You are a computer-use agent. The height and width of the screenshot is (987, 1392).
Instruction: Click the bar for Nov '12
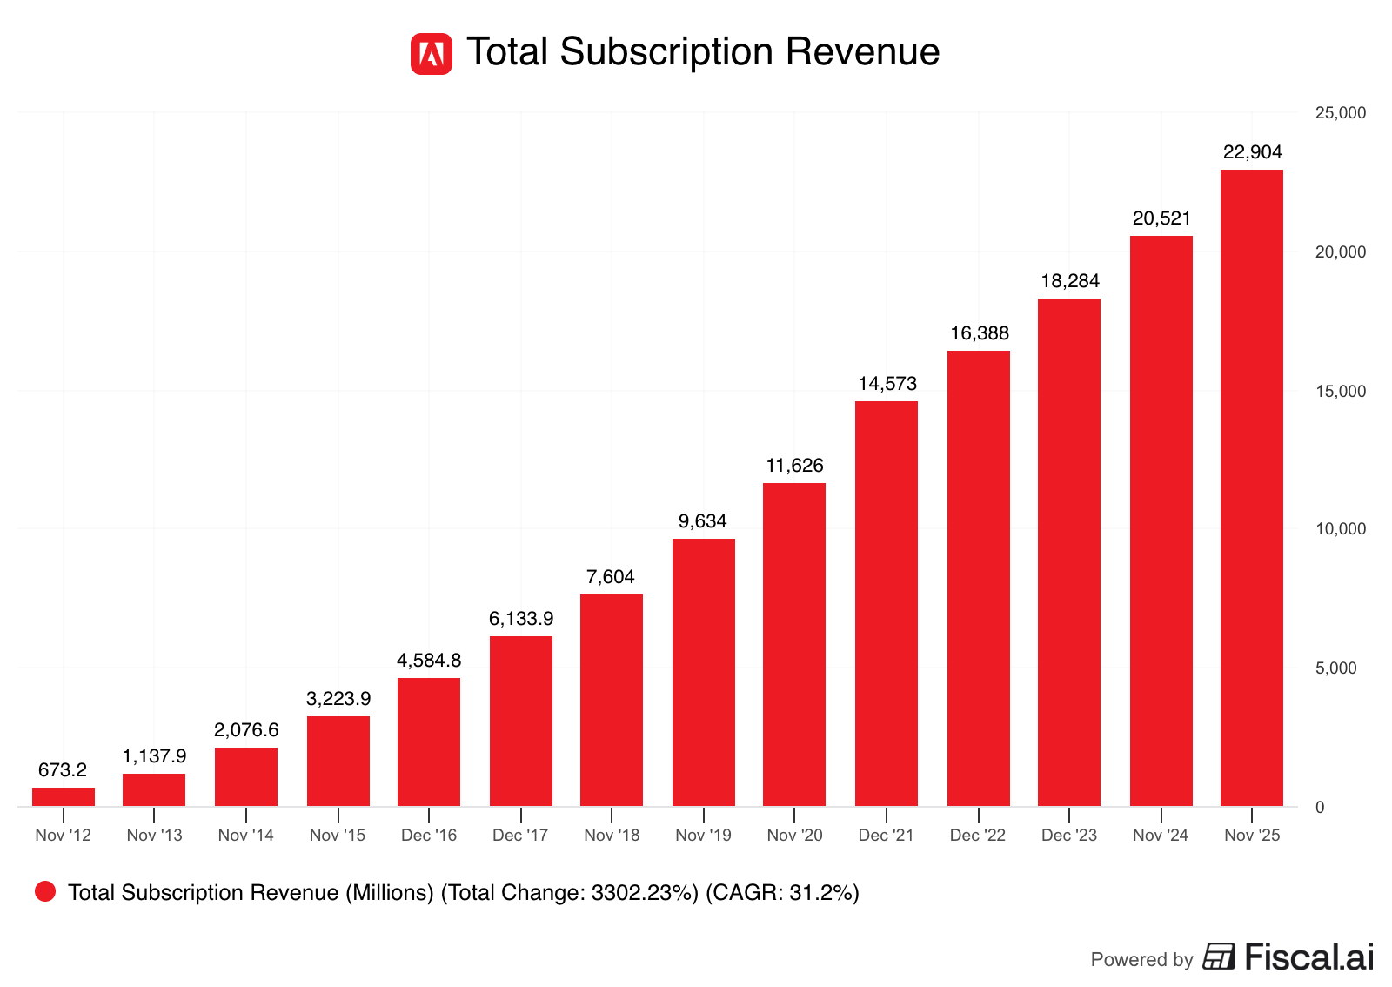[x=64, y=796]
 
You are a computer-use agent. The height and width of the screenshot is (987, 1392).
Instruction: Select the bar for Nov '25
[x=1251, y=487]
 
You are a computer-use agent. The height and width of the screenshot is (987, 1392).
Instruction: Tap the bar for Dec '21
[x=886, y=603]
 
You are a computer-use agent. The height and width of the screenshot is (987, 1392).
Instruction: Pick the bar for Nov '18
[x=612, y=700]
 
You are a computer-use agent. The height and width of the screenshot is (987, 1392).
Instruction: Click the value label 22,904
[x=1252, y=152]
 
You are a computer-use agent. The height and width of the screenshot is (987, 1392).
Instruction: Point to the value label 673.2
[x=63, y=770]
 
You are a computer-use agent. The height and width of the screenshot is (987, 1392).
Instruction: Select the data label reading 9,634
[x=703, y=521]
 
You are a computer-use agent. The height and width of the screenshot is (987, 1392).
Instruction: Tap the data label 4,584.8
[x=429, y=661]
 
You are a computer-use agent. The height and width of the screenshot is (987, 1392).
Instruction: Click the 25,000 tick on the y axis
[x=1341, y=113]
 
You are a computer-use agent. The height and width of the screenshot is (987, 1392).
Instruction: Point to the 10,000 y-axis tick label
[x=1341, y=529]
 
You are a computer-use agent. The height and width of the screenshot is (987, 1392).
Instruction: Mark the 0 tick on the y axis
[x=1320, y=808]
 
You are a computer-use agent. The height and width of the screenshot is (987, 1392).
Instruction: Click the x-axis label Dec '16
[x=429, y=836]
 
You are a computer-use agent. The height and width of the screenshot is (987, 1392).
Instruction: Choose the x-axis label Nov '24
[x=1161, y=836]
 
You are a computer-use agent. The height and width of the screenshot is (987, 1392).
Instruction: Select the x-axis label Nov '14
[x=246, y=836]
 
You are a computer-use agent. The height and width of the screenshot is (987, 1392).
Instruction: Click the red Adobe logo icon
[x=432, y=54]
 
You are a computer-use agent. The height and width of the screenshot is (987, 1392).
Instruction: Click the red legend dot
[x=45, y=891]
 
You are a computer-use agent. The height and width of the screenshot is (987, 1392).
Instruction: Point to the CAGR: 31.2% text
[x=782, y=892]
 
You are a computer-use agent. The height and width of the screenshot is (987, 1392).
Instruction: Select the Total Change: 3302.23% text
[x=570, y=892]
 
